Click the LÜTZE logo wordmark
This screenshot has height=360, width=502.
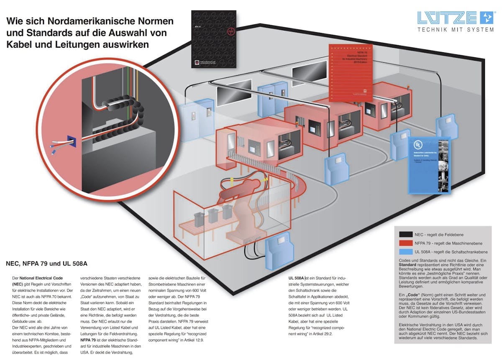pyautogui.click(x=447, y=18)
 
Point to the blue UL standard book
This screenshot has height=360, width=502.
pyautogui.click(x=429, y=165)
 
